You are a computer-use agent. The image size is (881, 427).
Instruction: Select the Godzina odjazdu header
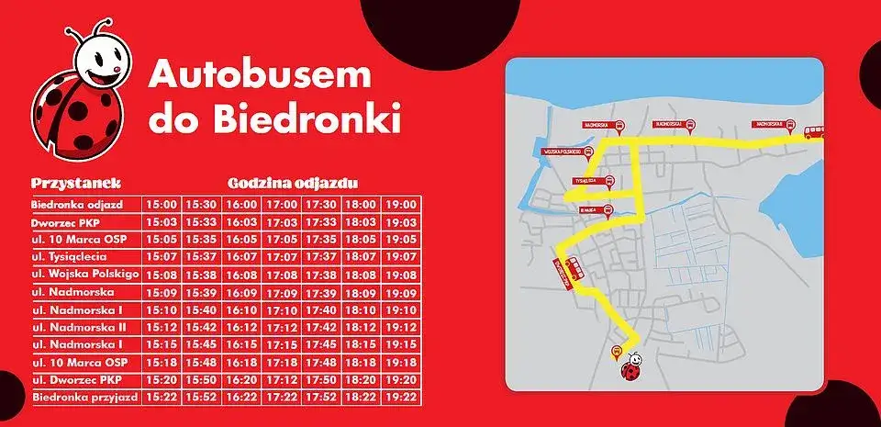click(x=293, y=184)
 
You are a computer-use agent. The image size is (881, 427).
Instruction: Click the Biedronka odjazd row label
click(x=84, y=204)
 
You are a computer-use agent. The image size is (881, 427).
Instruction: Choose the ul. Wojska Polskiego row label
click(x=84, y=274)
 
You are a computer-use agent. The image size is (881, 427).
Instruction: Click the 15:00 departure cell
click(x=161, y=204)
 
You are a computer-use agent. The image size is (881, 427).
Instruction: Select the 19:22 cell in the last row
click(x=401, y=398)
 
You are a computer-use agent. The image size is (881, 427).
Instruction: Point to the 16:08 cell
click(x=241, y=274)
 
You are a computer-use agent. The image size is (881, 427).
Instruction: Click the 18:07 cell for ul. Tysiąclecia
click(x=362, y=256)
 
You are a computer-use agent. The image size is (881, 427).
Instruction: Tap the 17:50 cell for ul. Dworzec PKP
click(x=321, y=380)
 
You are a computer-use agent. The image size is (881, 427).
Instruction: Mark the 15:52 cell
click(x=201, y=398)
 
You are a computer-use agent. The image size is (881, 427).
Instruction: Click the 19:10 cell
click(x=401, y=309)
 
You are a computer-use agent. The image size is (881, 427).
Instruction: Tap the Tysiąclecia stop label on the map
click(x=586, y=181)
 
